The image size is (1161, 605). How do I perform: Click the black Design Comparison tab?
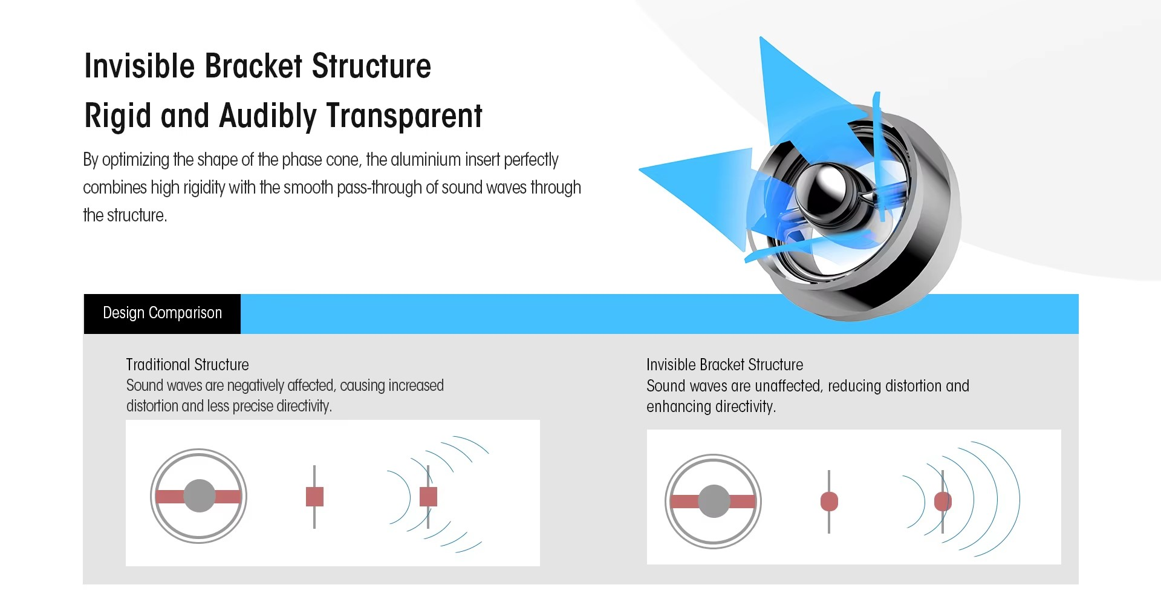(x=162, y=313)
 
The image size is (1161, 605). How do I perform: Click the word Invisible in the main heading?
(x=139, y=66)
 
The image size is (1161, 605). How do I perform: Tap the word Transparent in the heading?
(x=405, y=116)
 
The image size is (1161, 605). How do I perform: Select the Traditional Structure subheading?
(x=187, y=364)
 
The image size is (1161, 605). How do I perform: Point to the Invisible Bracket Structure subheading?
(x=724, y=364)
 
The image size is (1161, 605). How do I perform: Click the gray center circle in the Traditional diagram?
(x=199, y=496)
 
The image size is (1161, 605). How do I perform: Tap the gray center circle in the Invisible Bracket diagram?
(x=714, y=501)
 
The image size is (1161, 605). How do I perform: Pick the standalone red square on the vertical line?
(x=314, y=496)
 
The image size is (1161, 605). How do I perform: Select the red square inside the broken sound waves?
(x=428, y=496)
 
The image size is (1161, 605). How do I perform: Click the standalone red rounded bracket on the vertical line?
(x=829, y=502)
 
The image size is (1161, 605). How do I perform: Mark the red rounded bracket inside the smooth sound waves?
(x=943, y=502)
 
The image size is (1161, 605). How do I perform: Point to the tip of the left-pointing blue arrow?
(x=640, y=170)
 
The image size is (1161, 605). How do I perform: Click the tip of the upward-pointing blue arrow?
(x=761, y=38)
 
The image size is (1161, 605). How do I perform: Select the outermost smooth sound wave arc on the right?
(x=1020, y=499)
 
